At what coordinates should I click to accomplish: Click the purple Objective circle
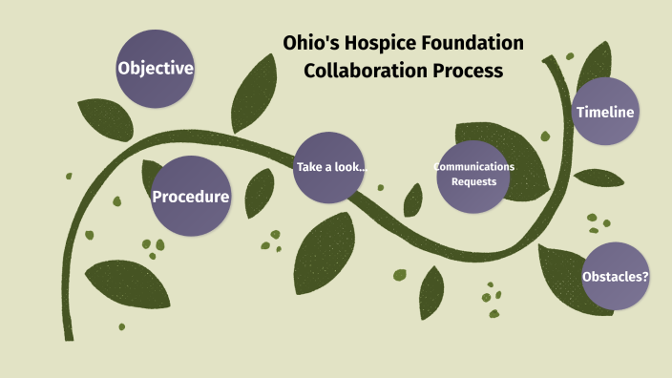point(156,69)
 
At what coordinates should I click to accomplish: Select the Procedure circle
point(191,197)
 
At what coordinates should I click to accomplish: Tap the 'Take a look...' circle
point(330,168)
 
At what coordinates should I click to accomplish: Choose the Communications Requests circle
point(473,174)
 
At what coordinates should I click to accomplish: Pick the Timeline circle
point(605,113)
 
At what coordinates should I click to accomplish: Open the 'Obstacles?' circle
point(615,277)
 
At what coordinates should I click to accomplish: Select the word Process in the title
point(467,72)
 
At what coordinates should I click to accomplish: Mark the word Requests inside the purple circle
point(474,181)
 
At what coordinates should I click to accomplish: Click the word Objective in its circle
point(156,69)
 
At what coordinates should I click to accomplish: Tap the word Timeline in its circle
point(605,113)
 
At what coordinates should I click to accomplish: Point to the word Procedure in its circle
point(191,198)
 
